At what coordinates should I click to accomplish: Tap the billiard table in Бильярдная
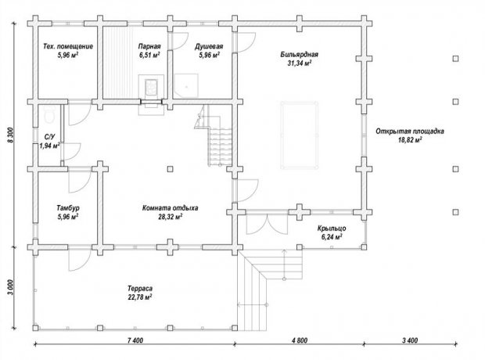[x=299, y=135]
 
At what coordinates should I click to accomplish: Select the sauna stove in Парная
[x=151, y=86]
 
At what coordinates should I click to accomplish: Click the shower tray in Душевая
[x=186, y=85]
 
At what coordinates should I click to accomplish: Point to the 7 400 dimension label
[x=135, y=340]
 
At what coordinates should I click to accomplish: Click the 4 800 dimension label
[x=300, y=340]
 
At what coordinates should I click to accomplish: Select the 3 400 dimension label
[x=410, y=340]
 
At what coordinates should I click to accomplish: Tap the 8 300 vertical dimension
[x=11, y=135]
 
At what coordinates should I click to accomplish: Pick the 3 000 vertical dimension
[x=11, y=287]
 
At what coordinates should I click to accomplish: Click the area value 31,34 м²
[x=300, y=63]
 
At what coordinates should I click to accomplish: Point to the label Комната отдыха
[x=170, y=208]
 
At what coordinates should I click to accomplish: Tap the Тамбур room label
[x=68, y=208]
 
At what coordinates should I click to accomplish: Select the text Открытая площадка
[x=410, y=131]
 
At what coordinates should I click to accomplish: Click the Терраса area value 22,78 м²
[x=140, y=297]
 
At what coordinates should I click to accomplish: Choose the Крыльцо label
[x=332, y=229]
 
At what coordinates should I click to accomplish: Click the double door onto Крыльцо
[x=267, y=225]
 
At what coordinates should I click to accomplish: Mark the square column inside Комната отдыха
[x=170, y=169]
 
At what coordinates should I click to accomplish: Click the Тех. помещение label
[x=68, y=46]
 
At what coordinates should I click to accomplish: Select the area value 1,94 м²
[x=49, y=146]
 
